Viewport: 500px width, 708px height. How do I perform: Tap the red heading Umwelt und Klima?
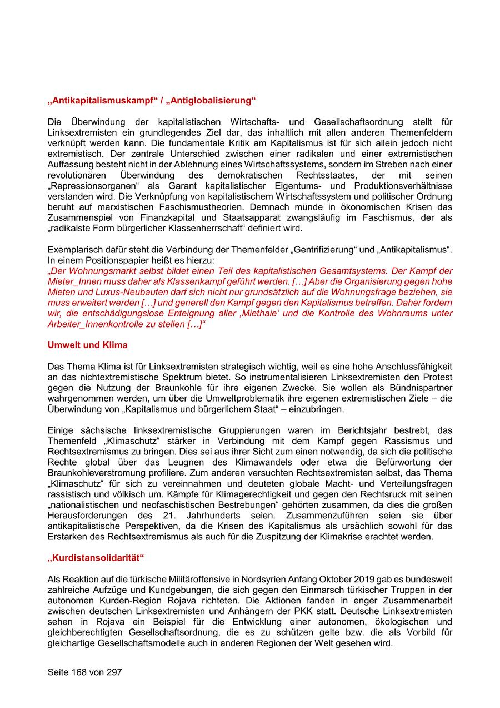tap(87, 345)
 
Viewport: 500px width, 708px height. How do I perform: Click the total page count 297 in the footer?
tap(113, 672)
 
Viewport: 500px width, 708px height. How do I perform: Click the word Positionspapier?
tap(114, 260)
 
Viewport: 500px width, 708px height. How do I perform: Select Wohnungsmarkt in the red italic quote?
tap(102, 271)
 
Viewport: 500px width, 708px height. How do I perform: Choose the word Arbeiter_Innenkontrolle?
tap(98, 324)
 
